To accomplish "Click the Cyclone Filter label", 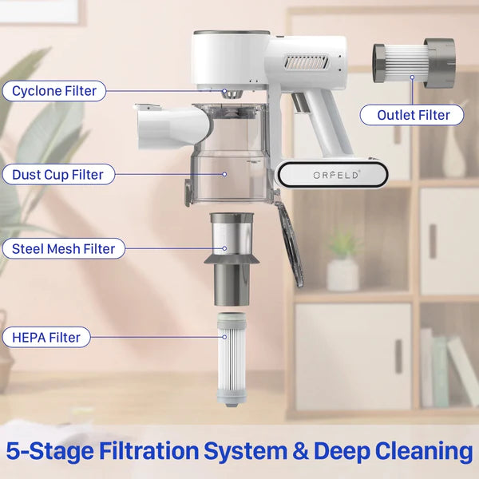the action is pos(54,91).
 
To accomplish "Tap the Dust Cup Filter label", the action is pos(58,175).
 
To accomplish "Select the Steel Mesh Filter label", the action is pos(64,248).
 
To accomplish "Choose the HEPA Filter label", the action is pos(46,337).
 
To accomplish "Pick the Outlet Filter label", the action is pos(412,115).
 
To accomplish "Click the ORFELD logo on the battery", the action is pos(336,175).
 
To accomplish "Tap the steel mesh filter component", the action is pos(232,259).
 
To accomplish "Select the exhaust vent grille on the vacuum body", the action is pos(307,61).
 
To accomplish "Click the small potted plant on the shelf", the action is pos(343,261).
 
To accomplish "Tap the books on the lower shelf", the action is pos(448,367).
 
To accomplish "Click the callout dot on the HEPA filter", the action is pos(224,337).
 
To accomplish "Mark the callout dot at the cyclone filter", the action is pos(224,91).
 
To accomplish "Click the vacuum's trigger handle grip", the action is pos(326,121).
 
